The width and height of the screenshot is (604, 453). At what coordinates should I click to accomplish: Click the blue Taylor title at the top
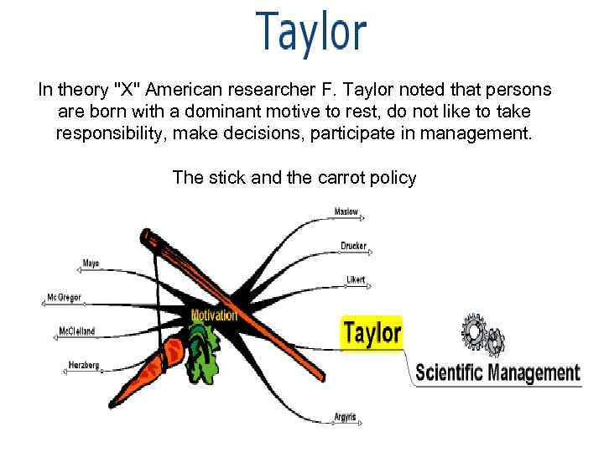click(311, 31)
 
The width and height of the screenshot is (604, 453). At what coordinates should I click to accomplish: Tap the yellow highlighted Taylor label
click(372, 332)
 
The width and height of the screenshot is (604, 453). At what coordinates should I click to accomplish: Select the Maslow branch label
click(346, 211)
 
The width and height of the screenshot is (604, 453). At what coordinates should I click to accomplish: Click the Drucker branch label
click(353, 246)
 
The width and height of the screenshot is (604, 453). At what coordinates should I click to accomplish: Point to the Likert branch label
click(356, 279)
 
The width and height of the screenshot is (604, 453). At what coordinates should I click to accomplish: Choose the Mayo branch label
click(90, 263)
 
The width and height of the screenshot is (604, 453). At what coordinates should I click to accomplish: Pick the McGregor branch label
click(64, 298)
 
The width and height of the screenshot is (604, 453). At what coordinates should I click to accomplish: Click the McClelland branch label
click(76, 331)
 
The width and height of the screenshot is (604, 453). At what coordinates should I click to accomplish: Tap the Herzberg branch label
click(83, 365)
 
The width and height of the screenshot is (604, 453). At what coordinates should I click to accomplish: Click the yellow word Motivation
click(214, 315)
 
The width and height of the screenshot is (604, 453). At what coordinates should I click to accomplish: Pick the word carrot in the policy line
click(336, 177)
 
